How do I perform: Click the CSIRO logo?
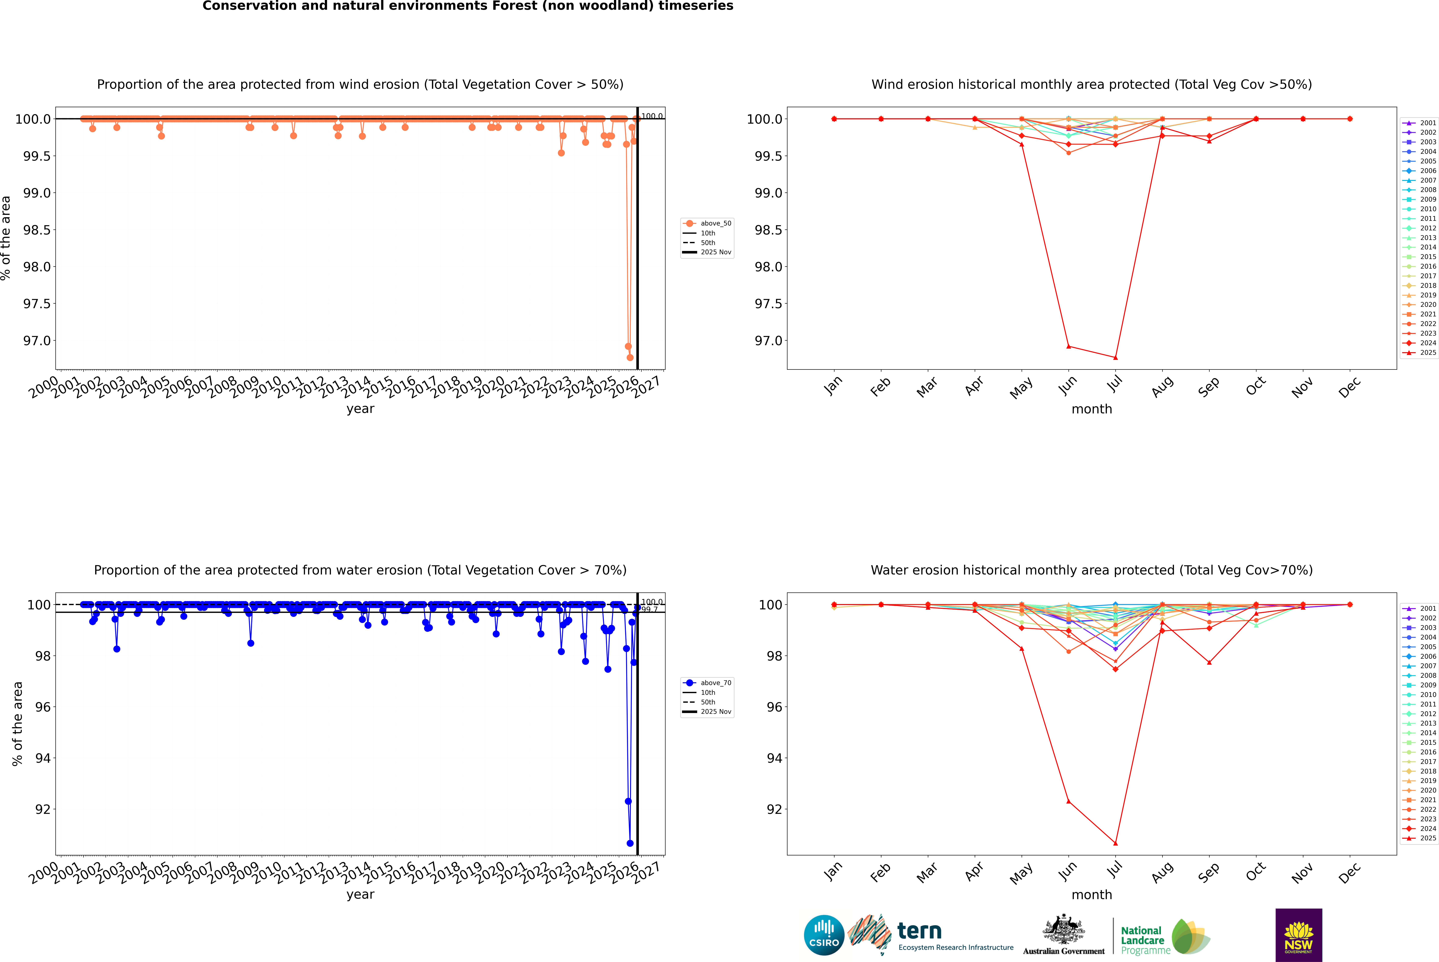824,935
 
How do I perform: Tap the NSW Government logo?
1298,935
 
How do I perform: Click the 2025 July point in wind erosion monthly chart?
1115,358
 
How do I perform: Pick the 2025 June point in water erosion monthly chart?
1068,801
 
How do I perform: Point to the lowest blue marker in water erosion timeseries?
630,844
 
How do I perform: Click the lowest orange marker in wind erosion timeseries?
630,358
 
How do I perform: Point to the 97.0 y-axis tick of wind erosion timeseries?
37,340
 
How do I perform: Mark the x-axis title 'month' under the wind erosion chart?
1091,409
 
